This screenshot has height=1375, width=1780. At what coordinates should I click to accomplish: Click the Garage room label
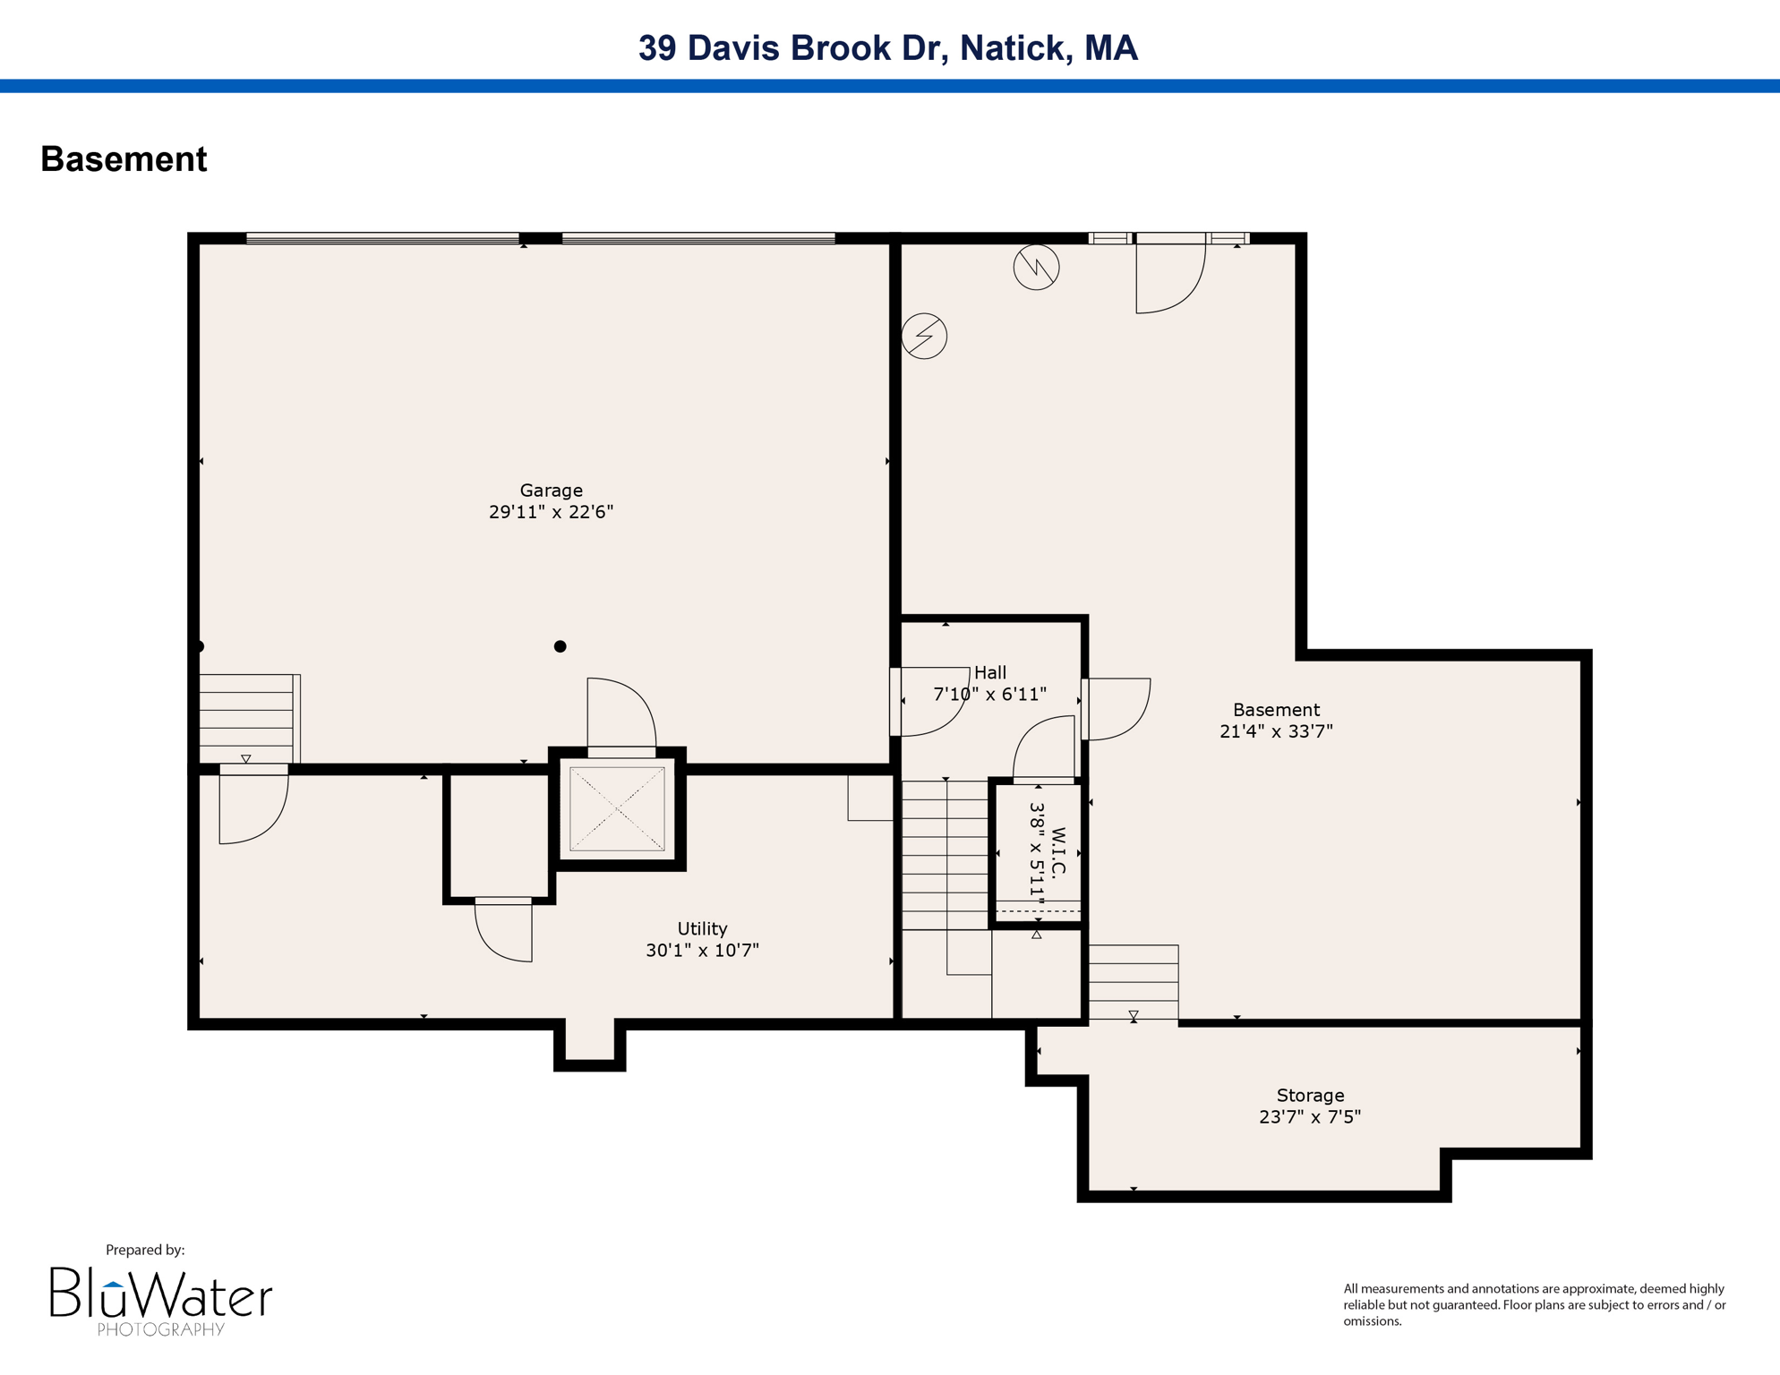click(551, 490)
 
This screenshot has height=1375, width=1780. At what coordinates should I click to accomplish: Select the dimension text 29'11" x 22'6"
click(551, 512)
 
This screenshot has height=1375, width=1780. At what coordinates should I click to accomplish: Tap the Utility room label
click(702, 928)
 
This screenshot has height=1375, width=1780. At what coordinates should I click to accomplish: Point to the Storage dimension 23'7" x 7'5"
click(1309, 1116)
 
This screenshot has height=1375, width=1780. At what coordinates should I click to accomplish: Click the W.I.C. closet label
click(1058, 852)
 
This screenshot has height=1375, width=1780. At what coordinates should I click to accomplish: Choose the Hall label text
click(990, 672)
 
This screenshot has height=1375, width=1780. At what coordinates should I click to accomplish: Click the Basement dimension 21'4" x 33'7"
click(1276, 731)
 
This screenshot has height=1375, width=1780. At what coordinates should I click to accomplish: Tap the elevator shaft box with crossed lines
click(617, 809)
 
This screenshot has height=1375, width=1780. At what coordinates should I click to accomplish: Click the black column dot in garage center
click(560, 646)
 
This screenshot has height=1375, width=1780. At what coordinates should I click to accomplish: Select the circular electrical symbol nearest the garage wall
click(924, 336)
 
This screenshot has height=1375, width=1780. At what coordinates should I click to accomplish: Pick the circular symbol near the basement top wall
click(1036, 267)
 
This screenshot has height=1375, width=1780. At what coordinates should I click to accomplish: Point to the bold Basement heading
click(124, 159)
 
